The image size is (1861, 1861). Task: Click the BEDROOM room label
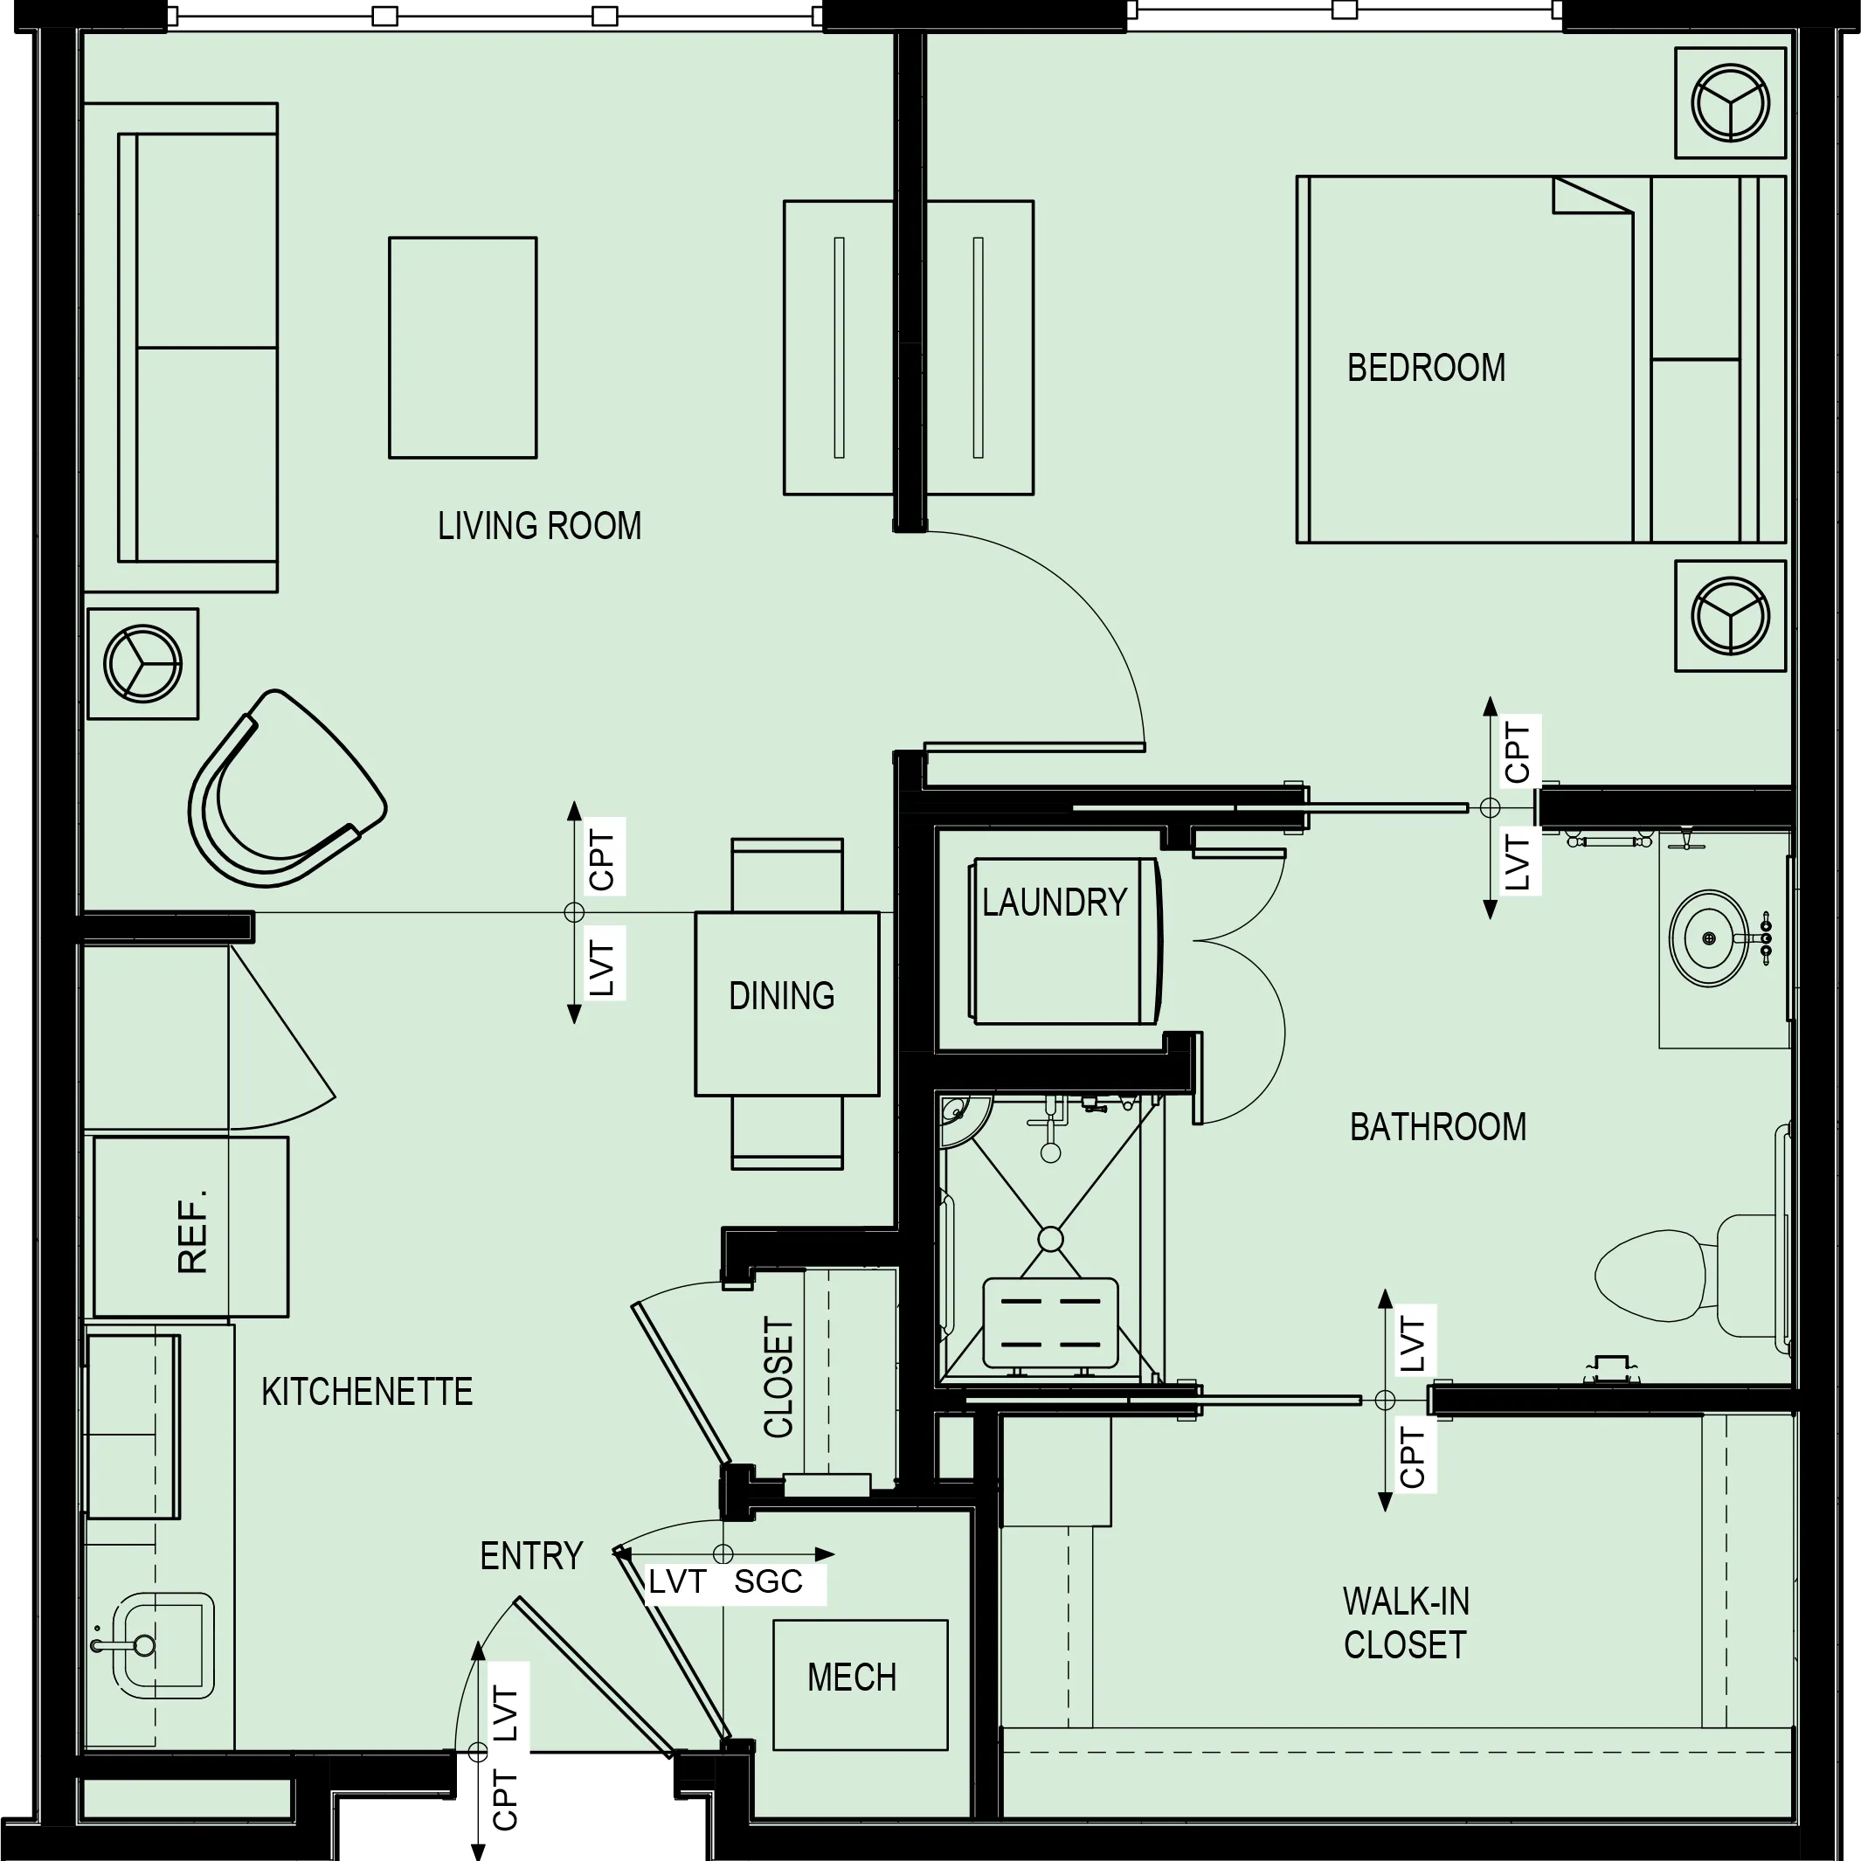1426,368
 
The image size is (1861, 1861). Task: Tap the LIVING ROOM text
539,526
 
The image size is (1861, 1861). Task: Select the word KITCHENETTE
367,1392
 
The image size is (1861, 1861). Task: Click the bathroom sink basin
1709,937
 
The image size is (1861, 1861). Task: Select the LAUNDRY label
1054,903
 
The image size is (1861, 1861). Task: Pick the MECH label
852,1677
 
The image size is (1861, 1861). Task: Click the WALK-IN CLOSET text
1406,1623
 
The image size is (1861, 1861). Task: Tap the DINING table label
781,996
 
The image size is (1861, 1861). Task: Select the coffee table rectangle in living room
462,348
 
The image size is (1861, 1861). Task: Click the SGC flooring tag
768,1581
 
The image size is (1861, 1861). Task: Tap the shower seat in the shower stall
1050,1324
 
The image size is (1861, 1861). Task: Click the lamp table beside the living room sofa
142,664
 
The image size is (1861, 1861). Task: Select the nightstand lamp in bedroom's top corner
1730,102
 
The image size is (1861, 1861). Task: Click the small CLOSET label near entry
778,1378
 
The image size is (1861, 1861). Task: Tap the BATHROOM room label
1437,1127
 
